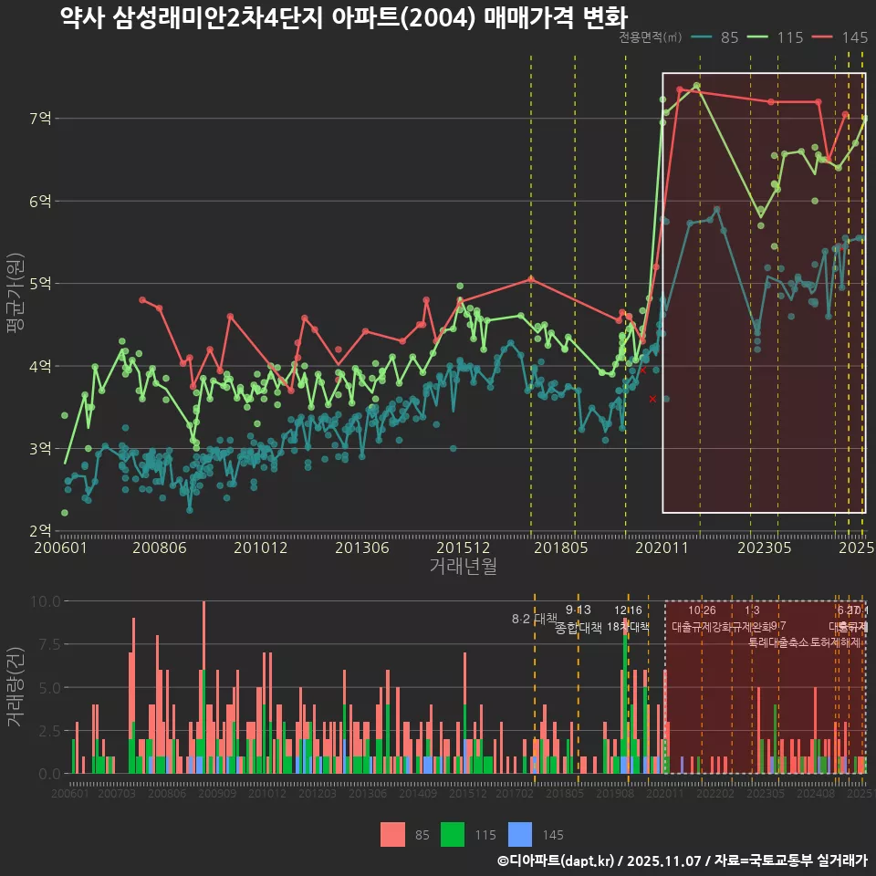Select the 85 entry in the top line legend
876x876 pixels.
point(729,37)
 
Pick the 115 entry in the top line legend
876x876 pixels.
point(788,37)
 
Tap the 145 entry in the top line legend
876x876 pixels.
point(854,37)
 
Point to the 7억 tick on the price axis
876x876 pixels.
point(40,119)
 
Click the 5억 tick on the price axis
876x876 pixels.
point(40,284)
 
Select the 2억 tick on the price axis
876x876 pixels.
point(40,531)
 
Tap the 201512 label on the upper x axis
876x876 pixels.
point(460,547)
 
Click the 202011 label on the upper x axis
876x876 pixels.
point(661,547)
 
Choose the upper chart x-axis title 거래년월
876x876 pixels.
point(463,566)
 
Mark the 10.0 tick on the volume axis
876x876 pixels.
point(45,601)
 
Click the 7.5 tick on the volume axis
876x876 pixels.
point(45,644)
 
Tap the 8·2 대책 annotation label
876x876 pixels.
point(534,619)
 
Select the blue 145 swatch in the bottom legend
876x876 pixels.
point(519,834)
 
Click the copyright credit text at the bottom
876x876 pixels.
point(683,860)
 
